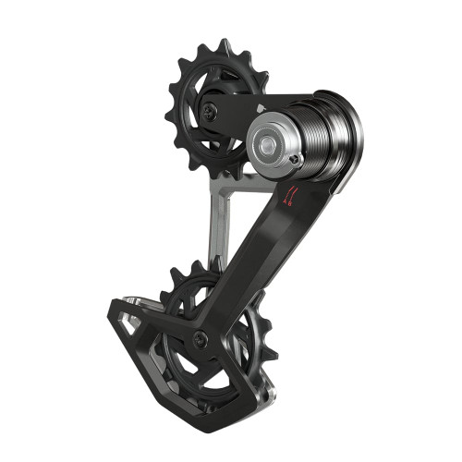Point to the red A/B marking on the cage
pos(292,194)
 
